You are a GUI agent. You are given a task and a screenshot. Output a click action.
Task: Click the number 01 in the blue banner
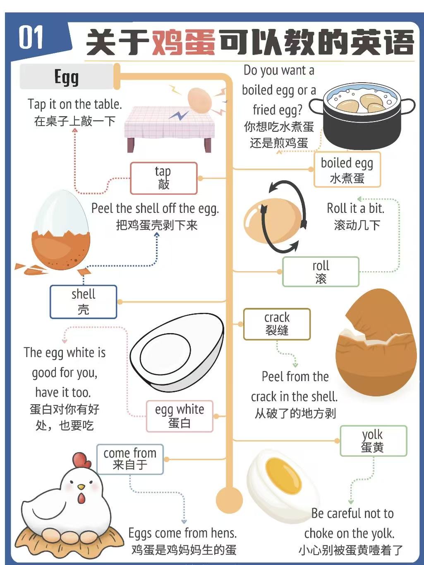click(x=31, y=37)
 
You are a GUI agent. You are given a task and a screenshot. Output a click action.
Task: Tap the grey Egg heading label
click(x=67, y=76)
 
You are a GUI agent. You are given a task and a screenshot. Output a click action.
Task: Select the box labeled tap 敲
click(x=163, y=178)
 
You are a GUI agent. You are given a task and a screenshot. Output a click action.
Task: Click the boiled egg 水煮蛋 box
click(x=347, y=169)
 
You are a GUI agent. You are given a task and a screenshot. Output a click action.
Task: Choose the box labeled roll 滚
click(x=321, y=272)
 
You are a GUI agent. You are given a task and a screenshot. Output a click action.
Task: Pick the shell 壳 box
click(x=83, y=302)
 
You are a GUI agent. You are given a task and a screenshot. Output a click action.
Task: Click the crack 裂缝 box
click(x=277, y=324)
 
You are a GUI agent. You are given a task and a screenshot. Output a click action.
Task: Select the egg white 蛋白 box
click(x=180, y=416)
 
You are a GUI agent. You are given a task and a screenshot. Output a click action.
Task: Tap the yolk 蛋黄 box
click(x=374, y=441)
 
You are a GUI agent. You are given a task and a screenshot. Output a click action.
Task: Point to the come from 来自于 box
click(x=130, y=459)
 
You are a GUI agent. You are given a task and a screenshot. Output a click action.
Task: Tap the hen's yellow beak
click(x=81, y=487)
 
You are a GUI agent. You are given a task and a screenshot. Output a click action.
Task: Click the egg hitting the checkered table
click(x=200, y=100)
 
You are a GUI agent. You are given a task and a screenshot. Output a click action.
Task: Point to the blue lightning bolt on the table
click(x=179, y=115)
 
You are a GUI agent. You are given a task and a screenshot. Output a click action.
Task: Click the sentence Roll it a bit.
click(x=355, y=208)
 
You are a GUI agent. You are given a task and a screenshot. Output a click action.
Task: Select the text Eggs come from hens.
click(x=182, y=533)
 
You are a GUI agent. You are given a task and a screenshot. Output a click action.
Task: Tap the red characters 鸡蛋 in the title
click(x=184, y=42)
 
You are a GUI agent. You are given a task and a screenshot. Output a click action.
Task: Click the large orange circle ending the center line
click(x=229, y=500)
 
